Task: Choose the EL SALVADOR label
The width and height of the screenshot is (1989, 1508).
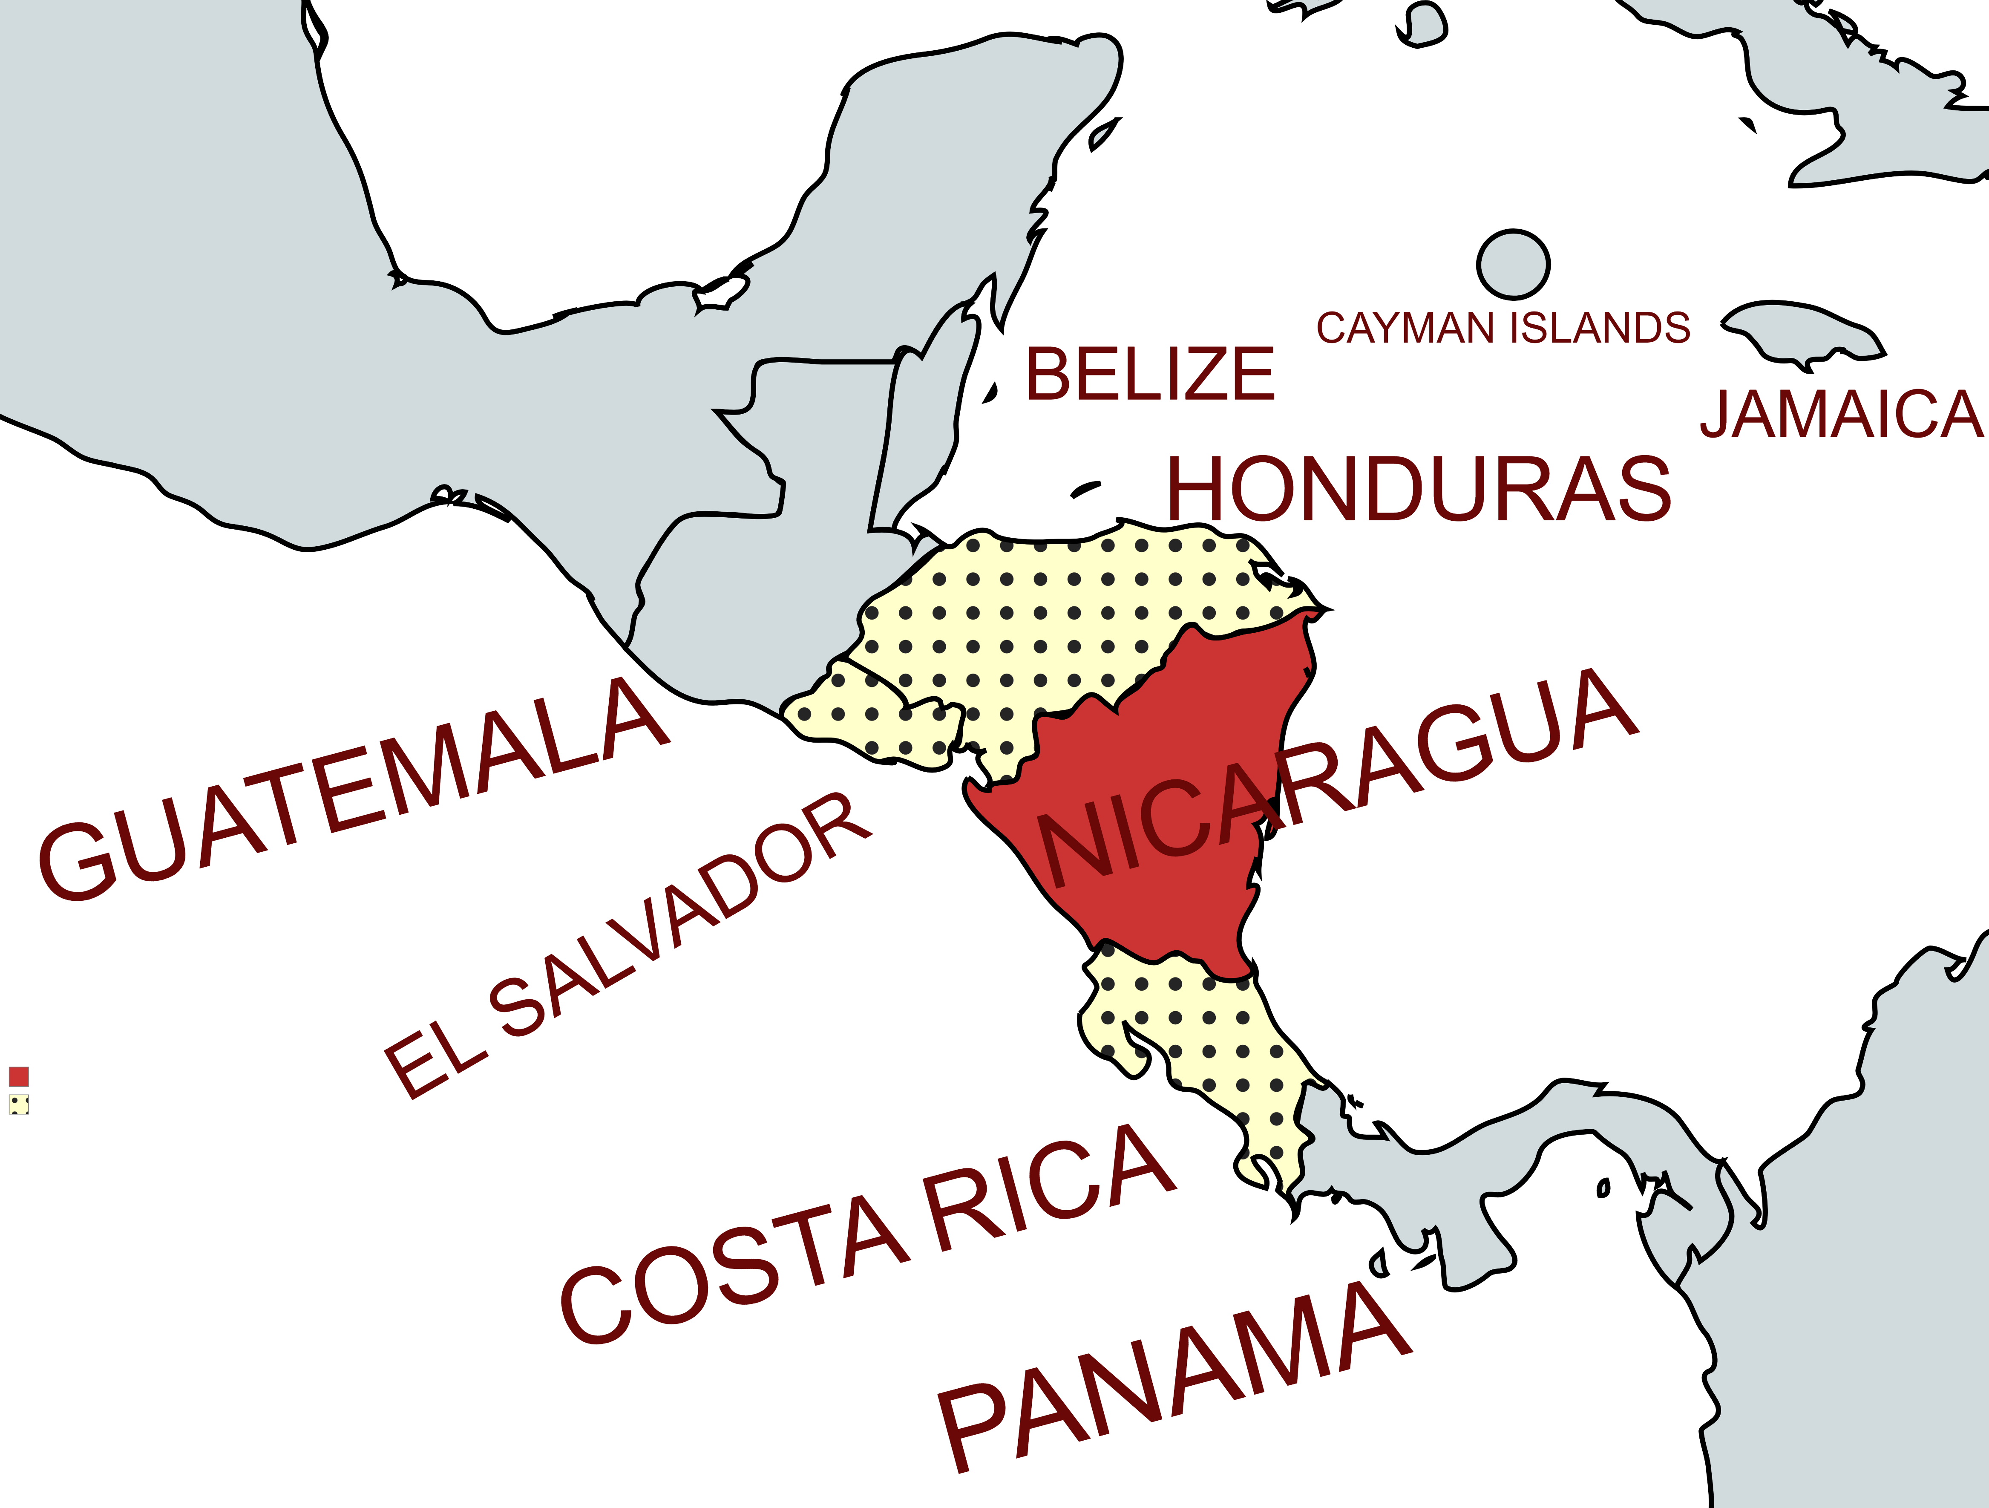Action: (x=627, y=946)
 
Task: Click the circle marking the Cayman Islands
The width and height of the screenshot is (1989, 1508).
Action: (x=1513, y=264)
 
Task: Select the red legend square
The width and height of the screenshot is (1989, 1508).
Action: (x=19, y=1076)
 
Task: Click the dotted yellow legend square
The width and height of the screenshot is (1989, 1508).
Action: (x=19, y=1104)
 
